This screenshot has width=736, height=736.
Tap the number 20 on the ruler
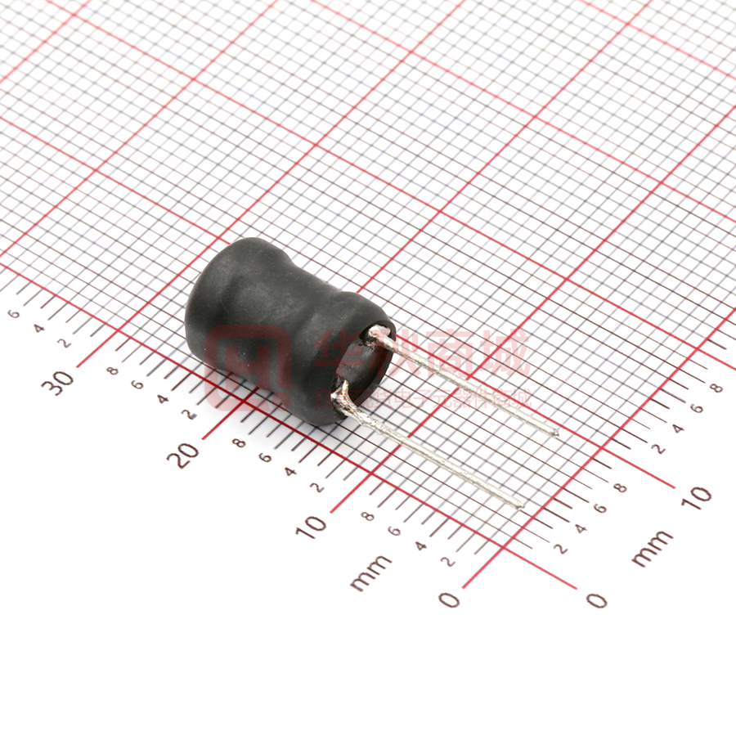coord(185,452)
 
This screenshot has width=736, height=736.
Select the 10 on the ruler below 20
coord(311,525)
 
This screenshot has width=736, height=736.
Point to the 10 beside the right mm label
coord(695,496)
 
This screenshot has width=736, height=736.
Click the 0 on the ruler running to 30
coord(449,599)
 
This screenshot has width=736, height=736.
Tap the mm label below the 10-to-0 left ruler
coord(370,572)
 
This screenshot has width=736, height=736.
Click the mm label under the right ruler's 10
coord(653,548)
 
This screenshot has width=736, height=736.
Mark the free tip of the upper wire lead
coord(557,433)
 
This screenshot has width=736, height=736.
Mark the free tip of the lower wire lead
coord(521,507)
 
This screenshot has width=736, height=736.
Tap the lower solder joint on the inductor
coord(343,398)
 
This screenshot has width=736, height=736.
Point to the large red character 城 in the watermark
coord(505,352)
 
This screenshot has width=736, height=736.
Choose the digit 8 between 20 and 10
coord(239,443)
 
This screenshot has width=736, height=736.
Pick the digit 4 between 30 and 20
coord(162,400)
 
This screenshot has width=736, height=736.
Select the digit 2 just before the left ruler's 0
coord(447,561)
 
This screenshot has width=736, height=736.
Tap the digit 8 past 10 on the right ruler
coord(717,388)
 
